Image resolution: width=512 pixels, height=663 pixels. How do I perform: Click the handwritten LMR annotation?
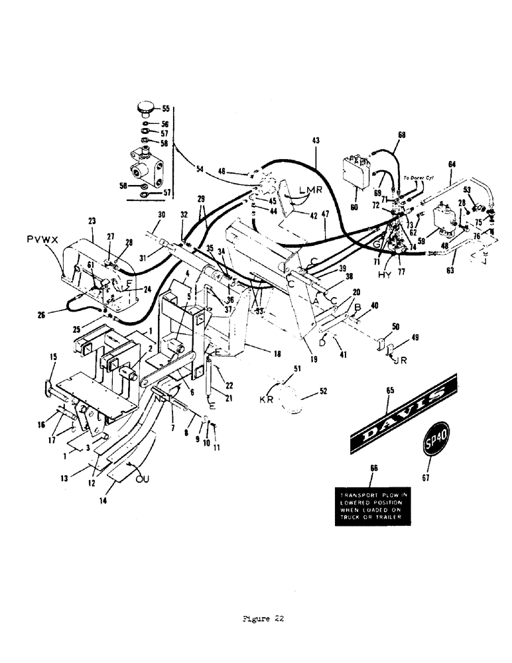pos(310,190)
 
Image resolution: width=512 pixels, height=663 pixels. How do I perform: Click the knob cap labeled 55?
pos(145,107)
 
